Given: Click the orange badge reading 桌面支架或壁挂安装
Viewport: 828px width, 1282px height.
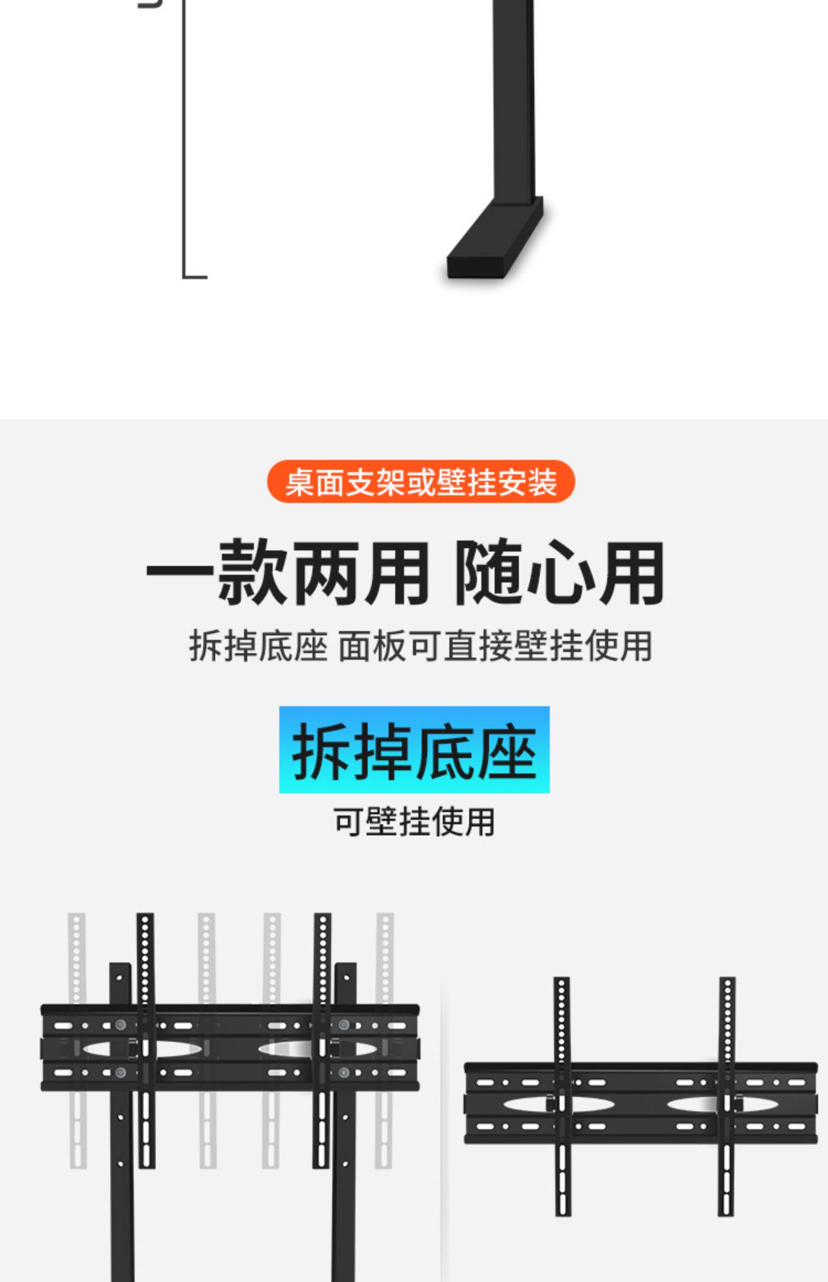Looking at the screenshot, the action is (421, 481).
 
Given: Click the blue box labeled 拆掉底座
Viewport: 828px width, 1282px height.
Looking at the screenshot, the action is (414, 750).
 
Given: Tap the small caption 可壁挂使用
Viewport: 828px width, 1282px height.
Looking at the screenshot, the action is (414, 822).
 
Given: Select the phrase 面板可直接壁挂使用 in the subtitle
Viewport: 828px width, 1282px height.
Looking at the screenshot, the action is (495, 645).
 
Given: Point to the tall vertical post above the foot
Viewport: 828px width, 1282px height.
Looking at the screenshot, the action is (514, 99).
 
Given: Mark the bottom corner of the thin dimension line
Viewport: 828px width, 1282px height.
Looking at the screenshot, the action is (184, 276).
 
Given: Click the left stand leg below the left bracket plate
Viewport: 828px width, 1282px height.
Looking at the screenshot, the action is (122, 1187).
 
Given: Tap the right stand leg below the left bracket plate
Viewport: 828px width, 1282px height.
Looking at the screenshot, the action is (343, 1187).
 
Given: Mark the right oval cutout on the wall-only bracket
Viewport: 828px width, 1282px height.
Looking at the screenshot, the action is (693, 1104).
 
